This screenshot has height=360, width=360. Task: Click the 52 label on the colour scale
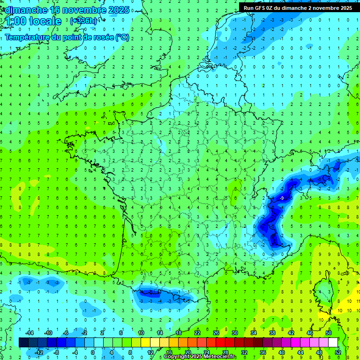click(338, 352)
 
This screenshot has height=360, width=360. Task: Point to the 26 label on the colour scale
click(216, 333)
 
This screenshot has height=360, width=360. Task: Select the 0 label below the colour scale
click(93, 352)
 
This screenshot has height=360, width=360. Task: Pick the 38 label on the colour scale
click(272, 333)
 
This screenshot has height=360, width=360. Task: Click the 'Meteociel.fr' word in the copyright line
click(220, 357)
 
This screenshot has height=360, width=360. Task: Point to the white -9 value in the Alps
click(282, 199)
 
